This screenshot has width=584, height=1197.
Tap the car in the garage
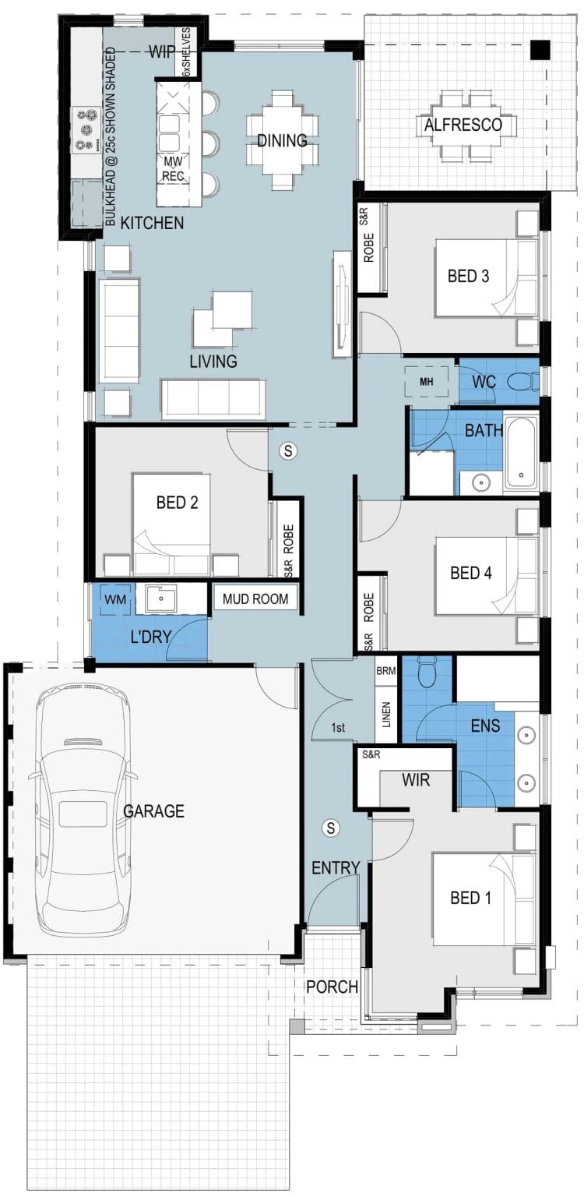tap(83, 810)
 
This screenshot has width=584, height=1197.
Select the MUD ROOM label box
tap(255, 598)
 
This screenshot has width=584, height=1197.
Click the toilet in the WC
tap(522, 382)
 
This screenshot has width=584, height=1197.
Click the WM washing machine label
tap(114, 599)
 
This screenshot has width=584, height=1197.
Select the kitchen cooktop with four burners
tap(84, 129)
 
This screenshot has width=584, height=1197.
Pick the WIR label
tap(417, 779)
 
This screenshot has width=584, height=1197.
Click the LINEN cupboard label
tap(387, 715)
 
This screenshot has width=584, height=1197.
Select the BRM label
tap(387, 669)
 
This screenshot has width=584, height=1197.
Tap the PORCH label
tap(332, 987)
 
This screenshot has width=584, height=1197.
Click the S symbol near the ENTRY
tap(331, 827)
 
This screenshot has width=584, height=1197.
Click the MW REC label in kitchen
tap(173, 168)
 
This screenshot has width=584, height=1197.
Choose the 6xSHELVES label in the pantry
tap(187, 50)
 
